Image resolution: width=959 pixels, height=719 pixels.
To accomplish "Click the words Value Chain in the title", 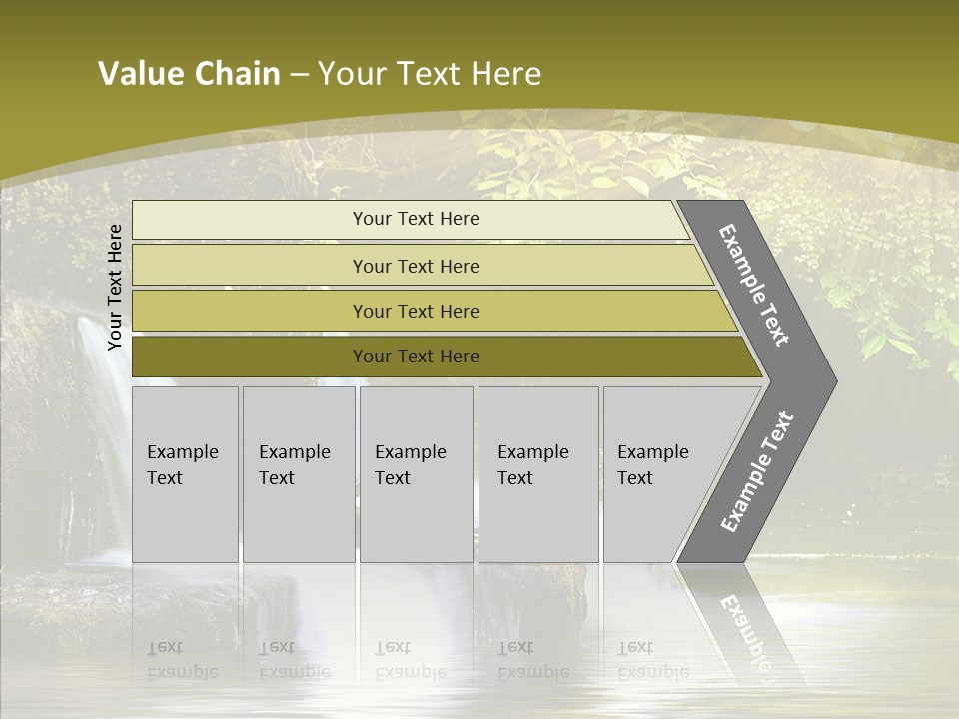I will (189, 74).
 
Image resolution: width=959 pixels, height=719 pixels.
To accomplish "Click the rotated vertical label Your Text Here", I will (116, 287).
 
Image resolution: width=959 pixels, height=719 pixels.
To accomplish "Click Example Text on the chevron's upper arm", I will (755, 286).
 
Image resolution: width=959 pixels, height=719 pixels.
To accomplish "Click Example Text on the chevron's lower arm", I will (757, 472).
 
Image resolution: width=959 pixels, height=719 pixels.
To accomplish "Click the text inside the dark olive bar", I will (416, 357).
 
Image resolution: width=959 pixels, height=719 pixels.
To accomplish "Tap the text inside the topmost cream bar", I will (416, 219).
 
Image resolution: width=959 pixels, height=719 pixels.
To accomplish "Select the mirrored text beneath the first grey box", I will (182, 659).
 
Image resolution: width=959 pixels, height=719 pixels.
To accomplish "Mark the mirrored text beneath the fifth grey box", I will (652, 659).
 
